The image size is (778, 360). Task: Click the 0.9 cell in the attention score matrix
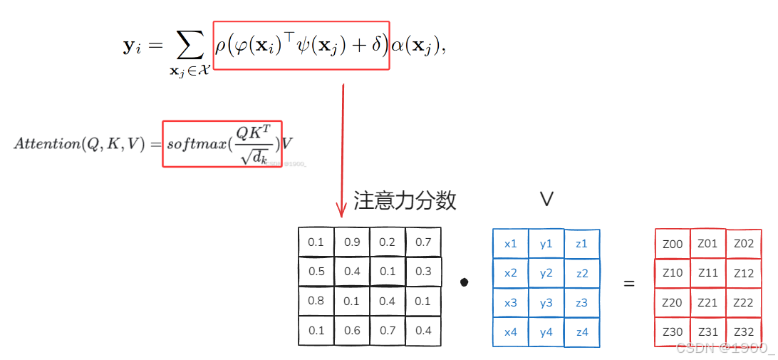352,242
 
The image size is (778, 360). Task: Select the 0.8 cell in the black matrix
316,301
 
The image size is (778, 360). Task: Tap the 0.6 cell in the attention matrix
352,330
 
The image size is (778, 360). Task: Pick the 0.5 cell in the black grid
316,272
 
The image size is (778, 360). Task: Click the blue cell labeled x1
511,244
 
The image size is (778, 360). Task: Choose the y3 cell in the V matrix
546,303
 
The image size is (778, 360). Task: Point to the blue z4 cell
582,331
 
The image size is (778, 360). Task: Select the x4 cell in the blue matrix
511,331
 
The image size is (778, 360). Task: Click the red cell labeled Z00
672,245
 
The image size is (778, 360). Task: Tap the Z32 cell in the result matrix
743,331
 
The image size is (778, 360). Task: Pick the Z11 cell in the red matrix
707,273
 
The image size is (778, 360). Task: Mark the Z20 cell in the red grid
672,303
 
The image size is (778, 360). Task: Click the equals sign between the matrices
628,284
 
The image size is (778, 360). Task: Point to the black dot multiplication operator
465,282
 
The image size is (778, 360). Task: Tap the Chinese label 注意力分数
405,201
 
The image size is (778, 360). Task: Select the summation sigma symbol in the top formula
189,47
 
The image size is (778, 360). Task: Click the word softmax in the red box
195,143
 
